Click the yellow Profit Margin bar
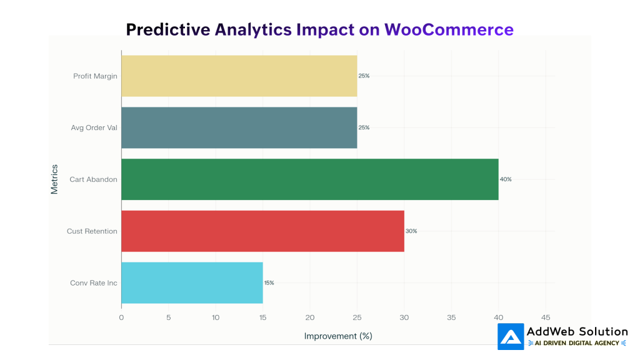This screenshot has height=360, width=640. click(239, 76)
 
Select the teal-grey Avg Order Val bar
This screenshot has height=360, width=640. click(239, 127)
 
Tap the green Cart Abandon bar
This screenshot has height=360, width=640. click(309, 179)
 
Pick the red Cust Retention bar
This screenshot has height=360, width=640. click(262, 231)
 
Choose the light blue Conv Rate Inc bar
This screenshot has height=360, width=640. click(192, 282)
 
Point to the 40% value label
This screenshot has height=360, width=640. click(506, 179)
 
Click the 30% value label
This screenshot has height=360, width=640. click(411, 231)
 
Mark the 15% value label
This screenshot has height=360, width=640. click(269, 282)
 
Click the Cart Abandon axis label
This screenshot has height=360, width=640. click(93, 179)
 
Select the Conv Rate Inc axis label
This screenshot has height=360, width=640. click(94, 283)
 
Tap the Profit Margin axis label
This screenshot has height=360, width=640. click(95, 76)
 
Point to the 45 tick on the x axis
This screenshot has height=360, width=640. click(546, 317)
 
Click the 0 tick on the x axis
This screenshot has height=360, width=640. click(121, 317)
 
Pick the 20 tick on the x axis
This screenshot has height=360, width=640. click(310, 317)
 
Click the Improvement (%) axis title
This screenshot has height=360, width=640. click(338, 336)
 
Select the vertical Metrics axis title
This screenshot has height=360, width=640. click(54, 179)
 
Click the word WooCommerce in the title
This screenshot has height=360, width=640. click(449, 29)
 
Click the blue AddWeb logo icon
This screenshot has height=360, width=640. click(511, 336)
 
